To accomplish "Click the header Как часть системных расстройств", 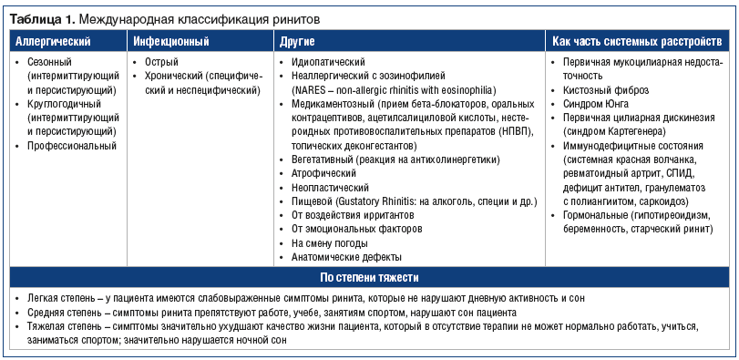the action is (x=637, y=42).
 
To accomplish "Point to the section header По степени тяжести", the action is (x=370, y=277).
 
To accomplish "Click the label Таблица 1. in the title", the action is (x=39, y=18).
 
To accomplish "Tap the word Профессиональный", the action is (x=72, y=146).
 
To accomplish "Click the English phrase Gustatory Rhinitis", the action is (x=383, y=201).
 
